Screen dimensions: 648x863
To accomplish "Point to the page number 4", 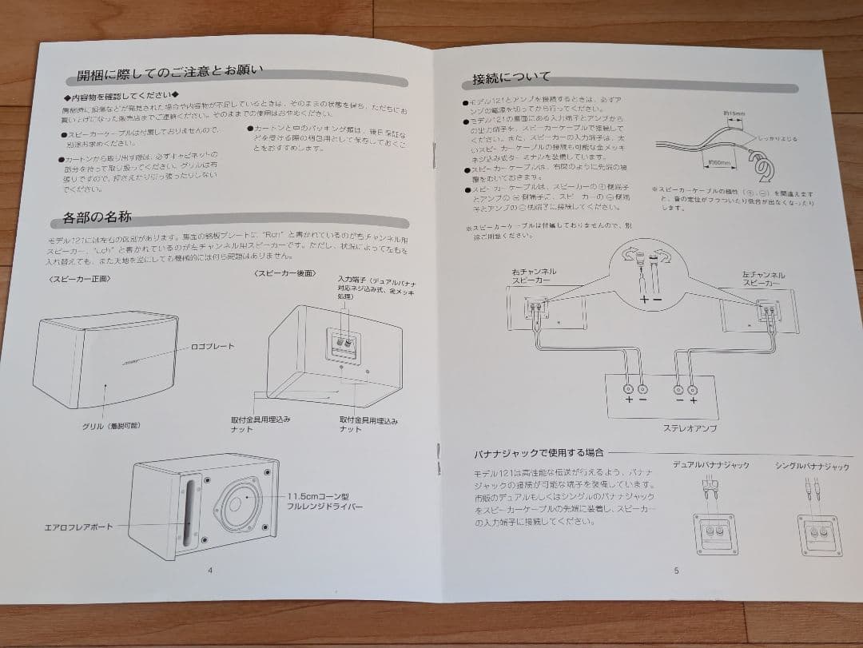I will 209,570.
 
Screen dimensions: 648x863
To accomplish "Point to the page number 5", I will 675,570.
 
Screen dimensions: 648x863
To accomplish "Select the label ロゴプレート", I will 213,346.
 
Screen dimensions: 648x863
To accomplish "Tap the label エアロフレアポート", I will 78,527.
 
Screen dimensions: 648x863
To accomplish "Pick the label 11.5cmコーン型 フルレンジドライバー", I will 325,501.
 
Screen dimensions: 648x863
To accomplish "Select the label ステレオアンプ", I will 666,428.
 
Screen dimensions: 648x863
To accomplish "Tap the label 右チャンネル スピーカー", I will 534,277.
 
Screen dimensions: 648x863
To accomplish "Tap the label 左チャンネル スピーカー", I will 763,279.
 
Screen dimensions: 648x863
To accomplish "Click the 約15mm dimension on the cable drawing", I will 733,114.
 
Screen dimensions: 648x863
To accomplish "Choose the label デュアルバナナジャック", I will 710,464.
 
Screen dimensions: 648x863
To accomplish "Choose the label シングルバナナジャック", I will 811,465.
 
